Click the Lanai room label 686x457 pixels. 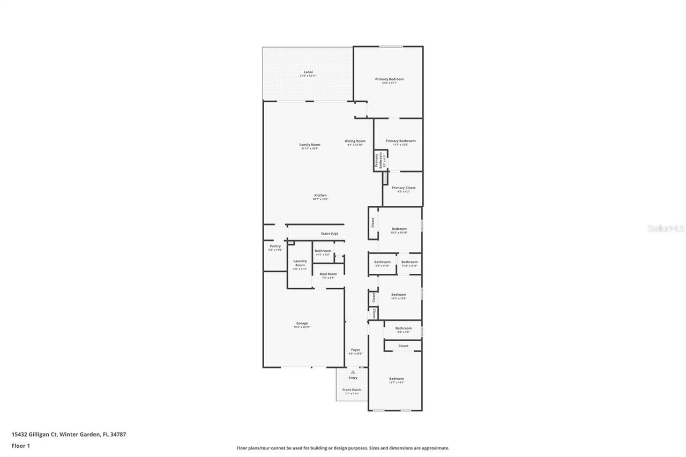308,72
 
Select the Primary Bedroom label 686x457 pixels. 389,79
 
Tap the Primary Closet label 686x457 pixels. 403,188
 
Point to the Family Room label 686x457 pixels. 309,145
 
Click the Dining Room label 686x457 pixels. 355,141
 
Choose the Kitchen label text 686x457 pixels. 320,196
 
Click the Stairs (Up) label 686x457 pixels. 329,234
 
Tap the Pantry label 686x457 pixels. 275,246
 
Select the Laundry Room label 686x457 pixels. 300,263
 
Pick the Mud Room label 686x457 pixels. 328,274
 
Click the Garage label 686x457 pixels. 302,324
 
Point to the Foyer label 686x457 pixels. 355,350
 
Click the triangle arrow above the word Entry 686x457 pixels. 353,372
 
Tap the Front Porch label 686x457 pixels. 352,389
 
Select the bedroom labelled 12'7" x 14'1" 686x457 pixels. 397,379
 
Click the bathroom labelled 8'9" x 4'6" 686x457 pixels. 404,328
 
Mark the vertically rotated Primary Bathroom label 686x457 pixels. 379,161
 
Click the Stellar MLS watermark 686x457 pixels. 666,228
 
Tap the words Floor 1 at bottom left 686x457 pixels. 21,445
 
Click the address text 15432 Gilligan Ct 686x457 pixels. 34,434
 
